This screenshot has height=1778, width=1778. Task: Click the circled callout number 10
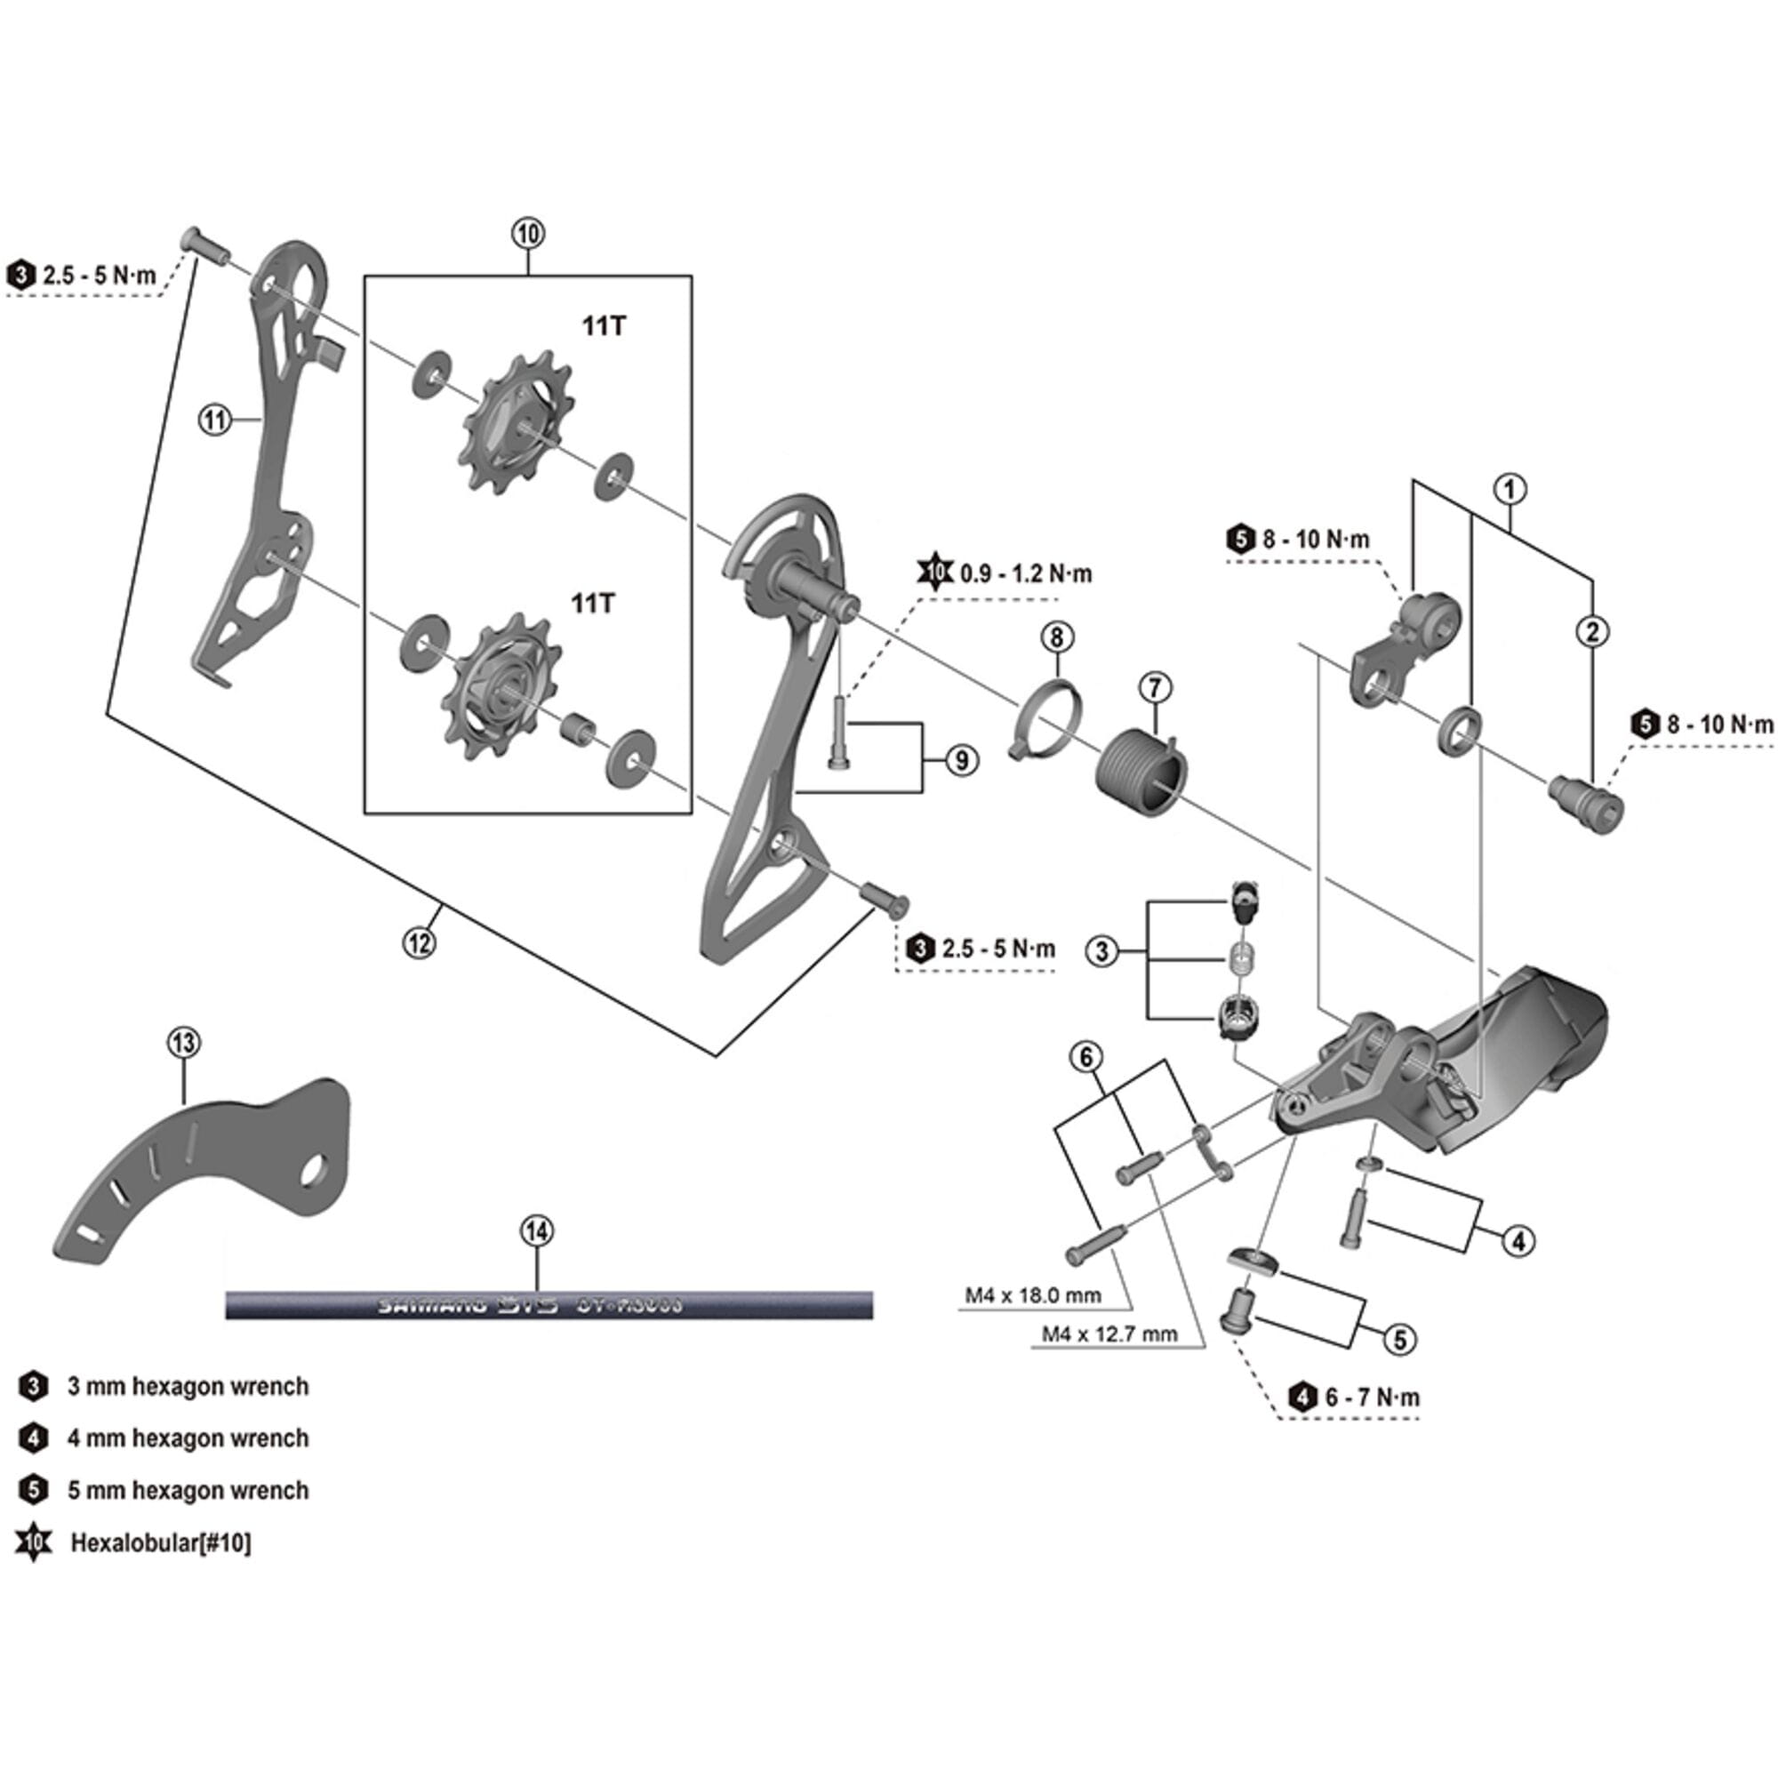coord(528,234)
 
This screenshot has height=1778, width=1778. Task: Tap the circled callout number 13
coord(184,1043)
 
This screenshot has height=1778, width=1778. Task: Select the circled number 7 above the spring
coord(1155,686)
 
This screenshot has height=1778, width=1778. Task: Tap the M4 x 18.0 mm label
coord(1032,1296)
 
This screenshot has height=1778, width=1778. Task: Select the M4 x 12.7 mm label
coord(1109,1334)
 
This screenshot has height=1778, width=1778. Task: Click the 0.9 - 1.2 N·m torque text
coord(1026,574)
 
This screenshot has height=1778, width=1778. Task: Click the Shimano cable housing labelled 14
coord(549,1305)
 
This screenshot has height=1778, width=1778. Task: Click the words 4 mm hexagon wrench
coord(188,1438)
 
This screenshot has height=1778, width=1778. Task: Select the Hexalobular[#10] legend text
coord(160,1542)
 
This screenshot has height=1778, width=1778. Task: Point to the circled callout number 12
coord(420,941)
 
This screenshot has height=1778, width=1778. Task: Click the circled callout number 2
coord(1592,631)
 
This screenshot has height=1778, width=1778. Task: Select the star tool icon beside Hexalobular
coord(33,1542)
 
